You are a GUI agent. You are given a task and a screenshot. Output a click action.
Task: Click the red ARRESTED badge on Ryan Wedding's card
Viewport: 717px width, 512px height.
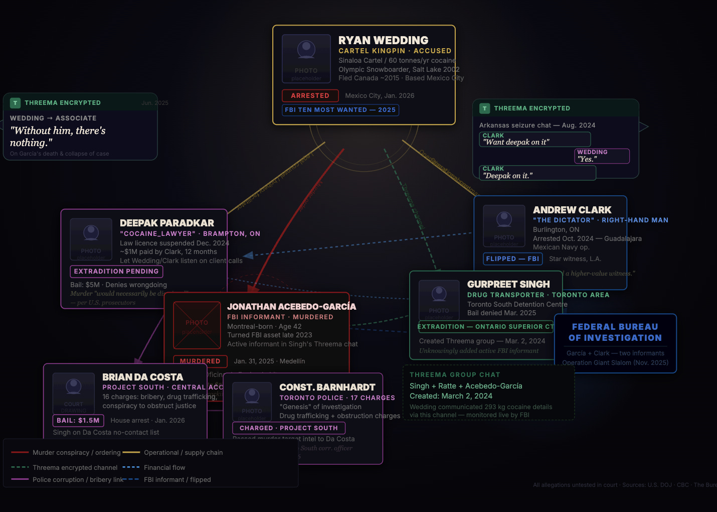tap(310, 95)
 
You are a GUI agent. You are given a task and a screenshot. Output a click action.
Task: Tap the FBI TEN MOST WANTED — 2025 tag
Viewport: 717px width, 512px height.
tap(340, 110)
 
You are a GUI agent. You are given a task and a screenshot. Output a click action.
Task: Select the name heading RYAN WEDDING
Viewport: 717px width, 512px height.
tap(383, 40)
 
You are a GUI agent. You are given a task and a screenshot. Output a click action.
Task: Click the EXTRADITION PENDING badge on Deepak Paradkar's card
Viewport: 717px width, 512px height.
tap(116, 272)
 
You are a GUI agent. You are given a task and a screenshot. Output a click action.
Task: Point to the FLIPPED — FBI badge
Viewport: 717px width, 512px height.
tap(512, 259)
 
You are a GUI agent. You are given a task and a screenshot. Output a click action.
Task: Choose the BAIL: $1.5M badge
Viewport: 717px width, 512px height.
tap(78, 421)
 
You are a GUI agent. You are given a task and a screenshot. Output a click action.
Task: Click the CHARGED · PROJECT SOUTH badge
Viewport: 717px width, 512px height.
tap(288, 428)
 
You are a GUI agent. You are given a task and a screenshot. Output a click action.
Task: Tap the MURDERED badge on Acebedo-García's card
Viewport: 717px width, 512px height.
tap(200, 361)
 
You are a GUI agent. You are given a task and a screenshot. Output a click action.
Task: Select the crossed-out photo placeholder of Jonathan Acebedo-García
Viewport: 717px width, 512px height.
tap(197, 325)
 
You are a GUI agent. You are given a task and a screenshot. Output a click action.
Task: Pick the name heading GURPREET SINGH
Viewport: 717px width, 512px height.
tap(508, 284)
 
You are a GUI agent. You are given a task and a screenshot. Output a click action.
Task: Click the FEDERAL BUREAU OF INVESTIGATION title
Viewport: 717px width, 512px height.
tap(615, 332)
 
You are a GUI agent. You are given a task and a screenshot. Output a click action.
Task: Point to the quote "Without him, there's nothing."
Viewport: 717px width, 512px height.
tap(58, 137)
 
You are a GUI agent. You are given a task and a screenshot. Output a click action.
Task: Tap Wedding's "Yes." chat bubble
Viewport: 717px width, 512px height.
tap(602, 156)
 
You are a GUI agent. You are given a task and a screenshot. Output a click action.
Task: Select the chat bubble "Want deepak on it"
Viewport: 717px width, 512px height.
tap(534, 140)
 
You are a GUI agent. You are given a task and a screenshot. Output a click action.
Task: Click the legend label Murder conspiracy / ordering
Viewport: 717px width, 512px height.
tap(77, 453)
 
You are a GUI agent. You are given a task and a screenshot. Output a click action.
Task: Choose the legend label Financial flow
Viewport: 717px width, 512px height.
tap(164, 468)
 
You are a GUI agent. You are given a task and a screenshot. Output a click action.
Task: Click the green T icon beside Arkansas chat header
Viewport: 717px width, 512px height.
tap(484, 108)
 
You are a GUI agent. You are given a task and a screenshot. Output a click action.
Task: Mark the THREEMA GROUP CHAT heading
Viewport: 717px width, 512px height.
tap(455, 375)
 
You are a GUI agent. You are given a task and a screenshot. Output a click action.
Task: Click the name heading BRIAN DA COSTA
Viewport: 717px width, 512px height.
tap(142, 377)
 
